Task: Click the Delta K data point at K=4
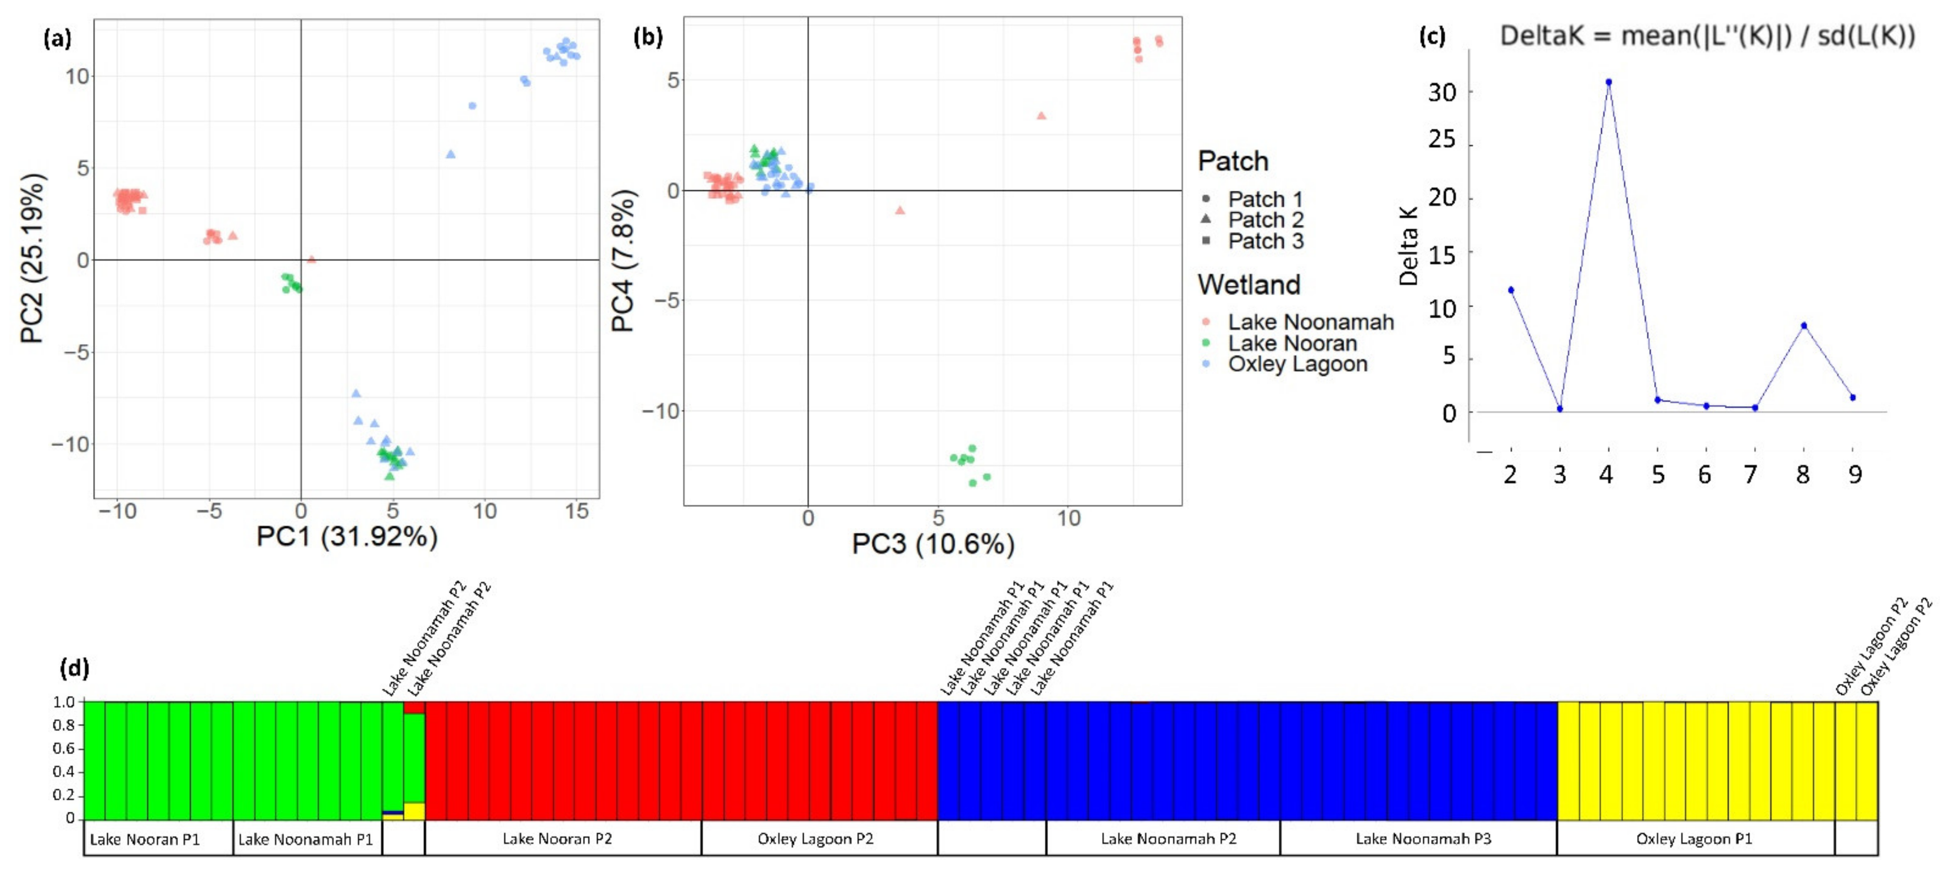pyautogui.click(x=1608, y=82)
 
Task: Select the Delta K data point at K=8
pyautogui.click(x=1804, y=326)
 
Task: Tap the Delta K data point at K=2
pyautogui.click(x=1511, y=290)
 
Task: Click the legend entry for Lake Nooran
pyautogui.click(x=1292, y=343)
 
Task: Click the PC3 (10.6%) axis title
pyautogui.click(x=933, y=544)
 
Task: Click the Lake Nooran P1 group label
pyautogui.click(x=144, y=839)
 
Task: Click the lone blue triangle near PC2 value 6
pyautogui.click(x=451, y=154)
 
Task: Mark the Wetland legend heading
pyautogui.click(x=1248, y=284)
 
